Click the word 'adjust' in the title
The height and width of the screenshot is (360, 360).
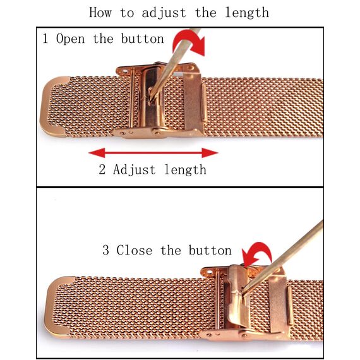[164, 13]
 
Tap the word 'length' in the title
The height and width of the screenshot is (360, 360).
[247, 13]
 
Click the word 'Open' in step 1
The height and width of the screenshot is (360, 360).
[71, 39]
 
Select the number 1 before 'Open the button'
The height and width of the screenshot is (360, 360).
[45, 39]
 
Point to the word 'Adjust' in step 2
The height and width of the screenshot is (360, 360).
[135, 170]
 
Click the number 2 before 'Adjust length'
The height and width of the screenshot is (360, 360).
[102, 169]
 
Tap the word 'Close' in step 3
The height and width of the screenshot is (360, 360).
[135, 250]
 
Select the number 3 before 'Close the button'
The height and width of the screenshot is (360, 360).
[105, 250]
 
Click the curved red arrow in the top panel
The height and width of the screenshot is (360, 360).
[189, 42]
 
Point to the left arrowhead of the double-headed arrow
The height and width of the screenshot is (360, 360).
[97, 153]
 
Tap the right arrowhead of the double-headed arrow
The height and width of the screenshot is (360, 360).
[210, 153]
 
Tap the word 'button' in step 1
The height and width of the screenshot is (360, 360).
[142, 39]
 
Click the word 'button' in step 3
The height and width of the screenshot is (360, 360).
[210, 250]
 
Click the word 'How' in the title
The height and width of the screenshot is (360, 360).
[100, 13]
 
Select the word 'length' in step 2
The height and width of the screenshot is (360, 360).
[185, 170]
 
